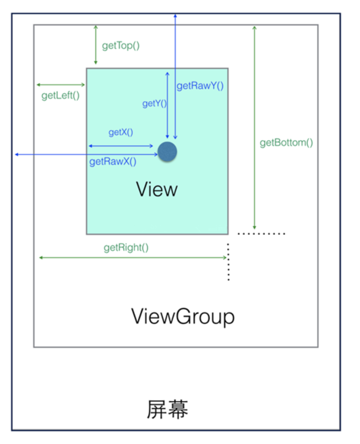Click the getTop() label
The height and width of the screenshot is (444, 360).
click(121, 45)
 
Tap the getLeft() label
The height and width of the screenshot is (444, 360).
click(60, 96)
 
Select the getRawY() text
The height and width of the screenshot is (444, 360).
click(200, 86)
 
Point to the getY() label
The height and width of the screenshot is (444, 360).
click(154, 103)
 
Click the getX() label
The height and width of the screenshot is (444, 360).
click(121, 132)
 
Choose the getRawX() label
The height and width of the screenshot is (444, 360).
click(113, 162)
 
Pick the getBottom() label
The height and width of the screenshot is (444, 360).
click(286, 143)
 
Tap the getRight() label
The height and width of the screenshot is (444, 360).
click(126, 247)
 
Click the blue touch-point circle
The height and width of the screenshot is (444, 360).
click(167, 152)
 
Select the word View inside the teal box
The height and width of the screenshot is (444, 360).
click(157, 189)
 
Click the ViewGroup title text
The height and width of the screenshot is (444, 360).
click(183, 316)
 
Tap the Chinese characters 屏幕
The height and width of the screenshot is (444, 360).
click(167, 409)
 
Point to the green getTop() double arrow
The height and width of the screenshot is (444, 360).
click(96, 45)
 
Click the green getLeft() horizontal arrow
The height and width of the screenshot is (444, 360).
click(61, 85)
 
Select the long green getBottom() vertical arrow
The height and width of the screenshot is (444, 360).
click(254, 127)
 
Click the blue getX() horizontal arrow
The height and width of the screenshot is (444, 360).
click(121, 146)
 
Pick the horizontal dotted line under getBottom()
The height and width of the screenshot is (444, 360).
click(261, 233)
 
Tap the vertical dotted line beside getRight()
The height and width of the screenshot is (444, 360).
click(228, 262)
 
